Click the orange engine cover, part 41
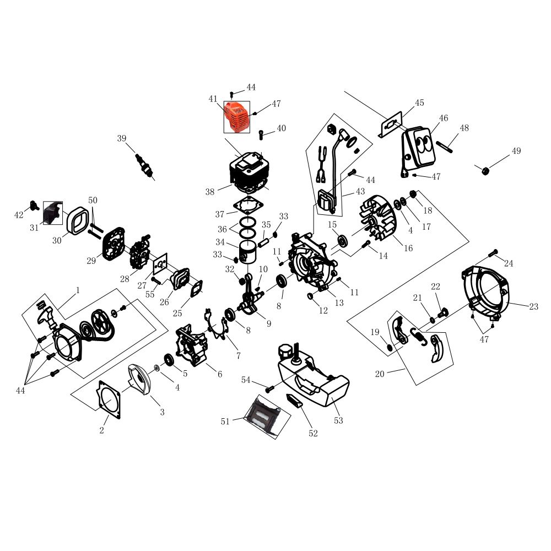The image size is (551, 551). [237, 117]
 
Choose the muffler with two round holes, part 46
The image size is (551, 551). [418, 152]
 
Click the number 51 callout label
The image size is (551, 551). [225, 422]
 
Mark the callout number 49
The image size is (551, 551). [516, 151]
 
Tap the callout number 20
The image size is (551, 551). [380, 374]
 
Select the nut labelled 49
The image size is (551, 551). [485, 170]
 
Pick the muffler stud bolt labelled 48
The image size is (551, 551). [445, 147]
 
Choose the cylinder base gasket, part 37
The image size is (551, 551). [248, 206]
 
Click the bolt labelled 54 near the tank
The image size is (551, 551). [269, 389]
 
